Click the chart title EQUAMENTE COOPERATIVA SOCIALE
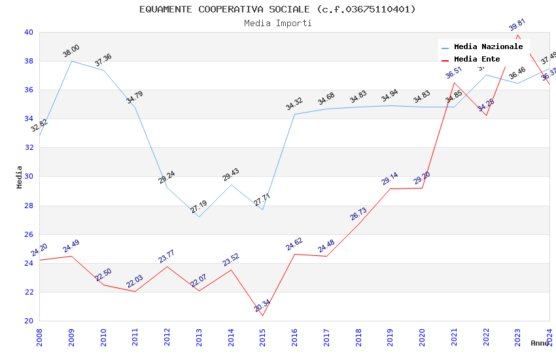[277, 9]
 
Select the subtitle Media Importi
[277, 23]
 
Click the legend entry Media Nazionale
[488, 46]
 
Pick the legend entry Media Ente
[477, 59]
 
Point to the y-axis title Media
[19, 177]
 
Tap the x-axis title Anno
[540, 343]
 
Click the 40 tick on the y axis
[29, 32]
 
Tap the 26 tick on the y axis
[29, 234]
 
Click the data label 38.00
[71, 51]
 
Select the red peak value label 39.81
[517, 25]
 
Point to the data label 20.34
[262, 306]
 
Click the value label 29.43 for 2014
[231, 175]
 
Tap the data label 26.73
[358, 213]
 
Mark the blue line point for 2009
[71, 61]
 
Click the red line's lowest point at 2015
[263, 315]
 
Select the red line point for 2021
[454, 82]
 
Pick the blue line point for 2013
[199, 217]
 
